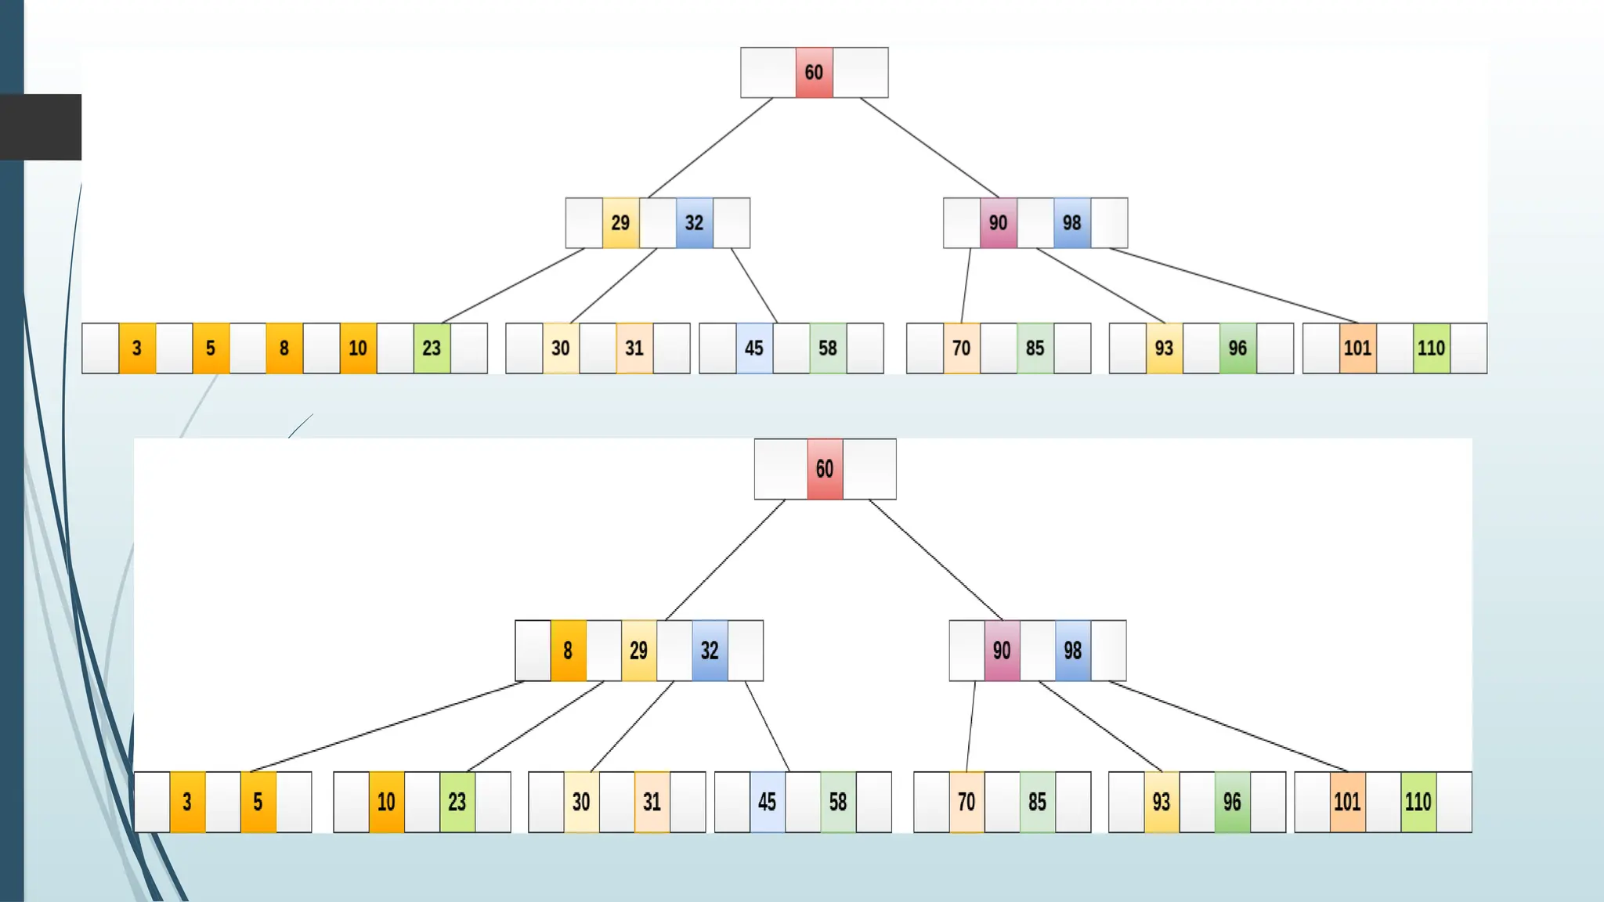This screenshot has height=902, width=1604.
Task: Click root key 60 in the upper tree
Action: tap(814, 73)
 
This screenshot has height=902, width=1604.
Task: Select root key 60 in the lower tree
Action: tap(825, 469)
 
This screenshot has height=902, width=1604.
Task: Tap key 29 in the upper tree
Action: tap(620, 223)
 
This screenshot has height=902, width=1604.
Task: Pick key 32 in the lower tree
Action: tap(710, 651)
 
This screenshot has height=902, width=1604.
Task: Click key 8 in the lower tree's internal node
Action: tap(568, 651)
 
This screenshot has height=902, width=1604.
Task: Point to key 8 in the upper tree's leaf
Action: tap(284, 348)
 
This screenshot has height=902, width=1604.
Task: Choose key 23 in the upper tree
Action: tap(432, 348)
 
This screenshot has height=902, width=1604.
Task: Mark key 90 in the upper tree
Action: tap(998, 223)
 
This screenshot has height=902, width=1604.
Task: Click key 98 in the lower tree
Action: tap(1072, 651)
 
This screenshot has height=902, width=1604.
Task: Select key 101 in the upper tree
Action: tap(1357, 348)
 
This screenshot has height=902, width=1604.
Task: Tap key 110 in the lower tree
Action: tap(1418, 802)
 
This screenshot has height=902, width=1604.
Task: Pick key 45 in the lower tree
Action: tap(767, 802)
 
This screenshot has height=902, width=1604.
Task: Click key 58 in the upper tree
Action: tap(828, 348)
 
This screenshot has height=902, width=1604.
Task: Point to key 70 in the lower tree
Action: tap(966, 802)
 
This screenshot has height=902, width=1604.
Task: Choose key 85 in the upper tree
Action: tap(1035, 348)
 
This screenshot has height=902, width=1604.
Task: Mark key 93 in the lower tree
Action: tap(1161, 802)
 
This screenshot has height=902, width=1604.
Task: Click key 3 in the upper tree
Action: tap(137, 348)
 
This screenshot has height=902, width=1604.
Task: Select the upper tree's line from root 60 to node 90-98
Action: tap(929, 147)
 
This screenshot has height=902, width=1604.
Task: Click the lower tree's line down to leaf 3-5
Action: tap(387, 727)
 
